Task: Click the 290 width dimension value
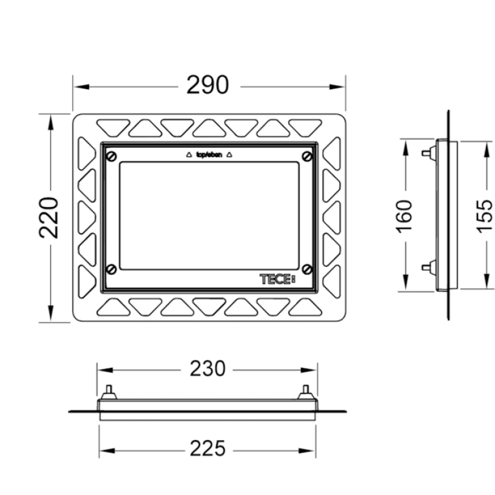pyautogui.click(x=207, y=85)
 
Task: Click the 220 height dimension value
pyautogui.click(x=49, y=217)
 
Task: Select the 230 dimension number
pyautogui.click(x=207, y=369)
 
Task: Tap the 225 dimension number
pyautogui.click(x=207, y=449)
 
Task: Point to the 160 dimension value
pyautogui.click(x=404, y=217)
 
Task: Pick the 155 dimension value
pyautogui.click(x=485, y=217)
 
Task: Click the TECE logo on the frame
pyautogui.click(x=277, y=279)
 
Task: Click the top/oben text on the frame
pyautogui.click(x=209, y=155)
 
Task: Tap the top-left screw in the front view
pyautogui.click(x=112, y=156)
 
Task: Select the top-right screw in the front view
pyautogui.click(x=307, y=156)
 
